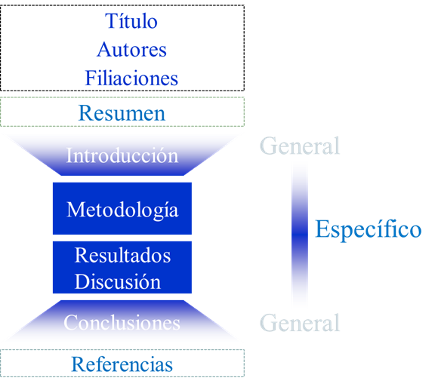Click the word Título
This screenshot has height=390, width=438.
click(131, 21)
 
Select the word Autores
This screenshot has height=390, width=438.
click(131, 50)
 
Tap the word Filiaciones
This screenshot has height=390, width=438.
click(131, 78)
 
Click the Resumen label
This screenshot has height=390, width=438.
click(122, 113)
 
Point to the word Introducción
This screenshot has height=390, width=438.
click(122, 155)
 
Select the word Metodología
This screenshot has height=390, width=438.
click(122, 210)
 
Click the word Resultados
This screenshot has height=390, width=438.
click(122, 255)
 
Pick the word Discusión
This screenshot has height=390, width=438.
click(118, 281)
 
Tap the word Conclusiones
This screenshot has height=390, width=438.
click(122, 323)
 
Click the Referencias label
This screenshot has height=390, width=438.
click(122, 364)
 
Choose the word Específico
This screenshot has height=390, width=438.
click(369, 229)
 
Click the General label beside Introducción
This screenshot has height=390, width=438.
click(300, 146)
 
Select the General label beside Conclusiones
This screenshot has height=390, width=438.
click(300, 323)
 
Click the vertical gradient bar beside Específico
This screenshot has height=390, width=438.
click(300, 235)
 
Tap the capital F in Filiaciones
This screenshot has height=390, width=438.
click(91, 78)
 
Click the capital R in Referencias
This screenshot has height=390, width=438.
click(79, 364)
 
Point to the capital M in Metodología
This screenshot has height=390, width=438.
click(76, 209)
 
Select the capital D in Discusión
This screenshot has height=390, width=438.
click(82, 281)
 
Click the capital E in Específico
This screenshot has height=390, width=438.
click(322, 229)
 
